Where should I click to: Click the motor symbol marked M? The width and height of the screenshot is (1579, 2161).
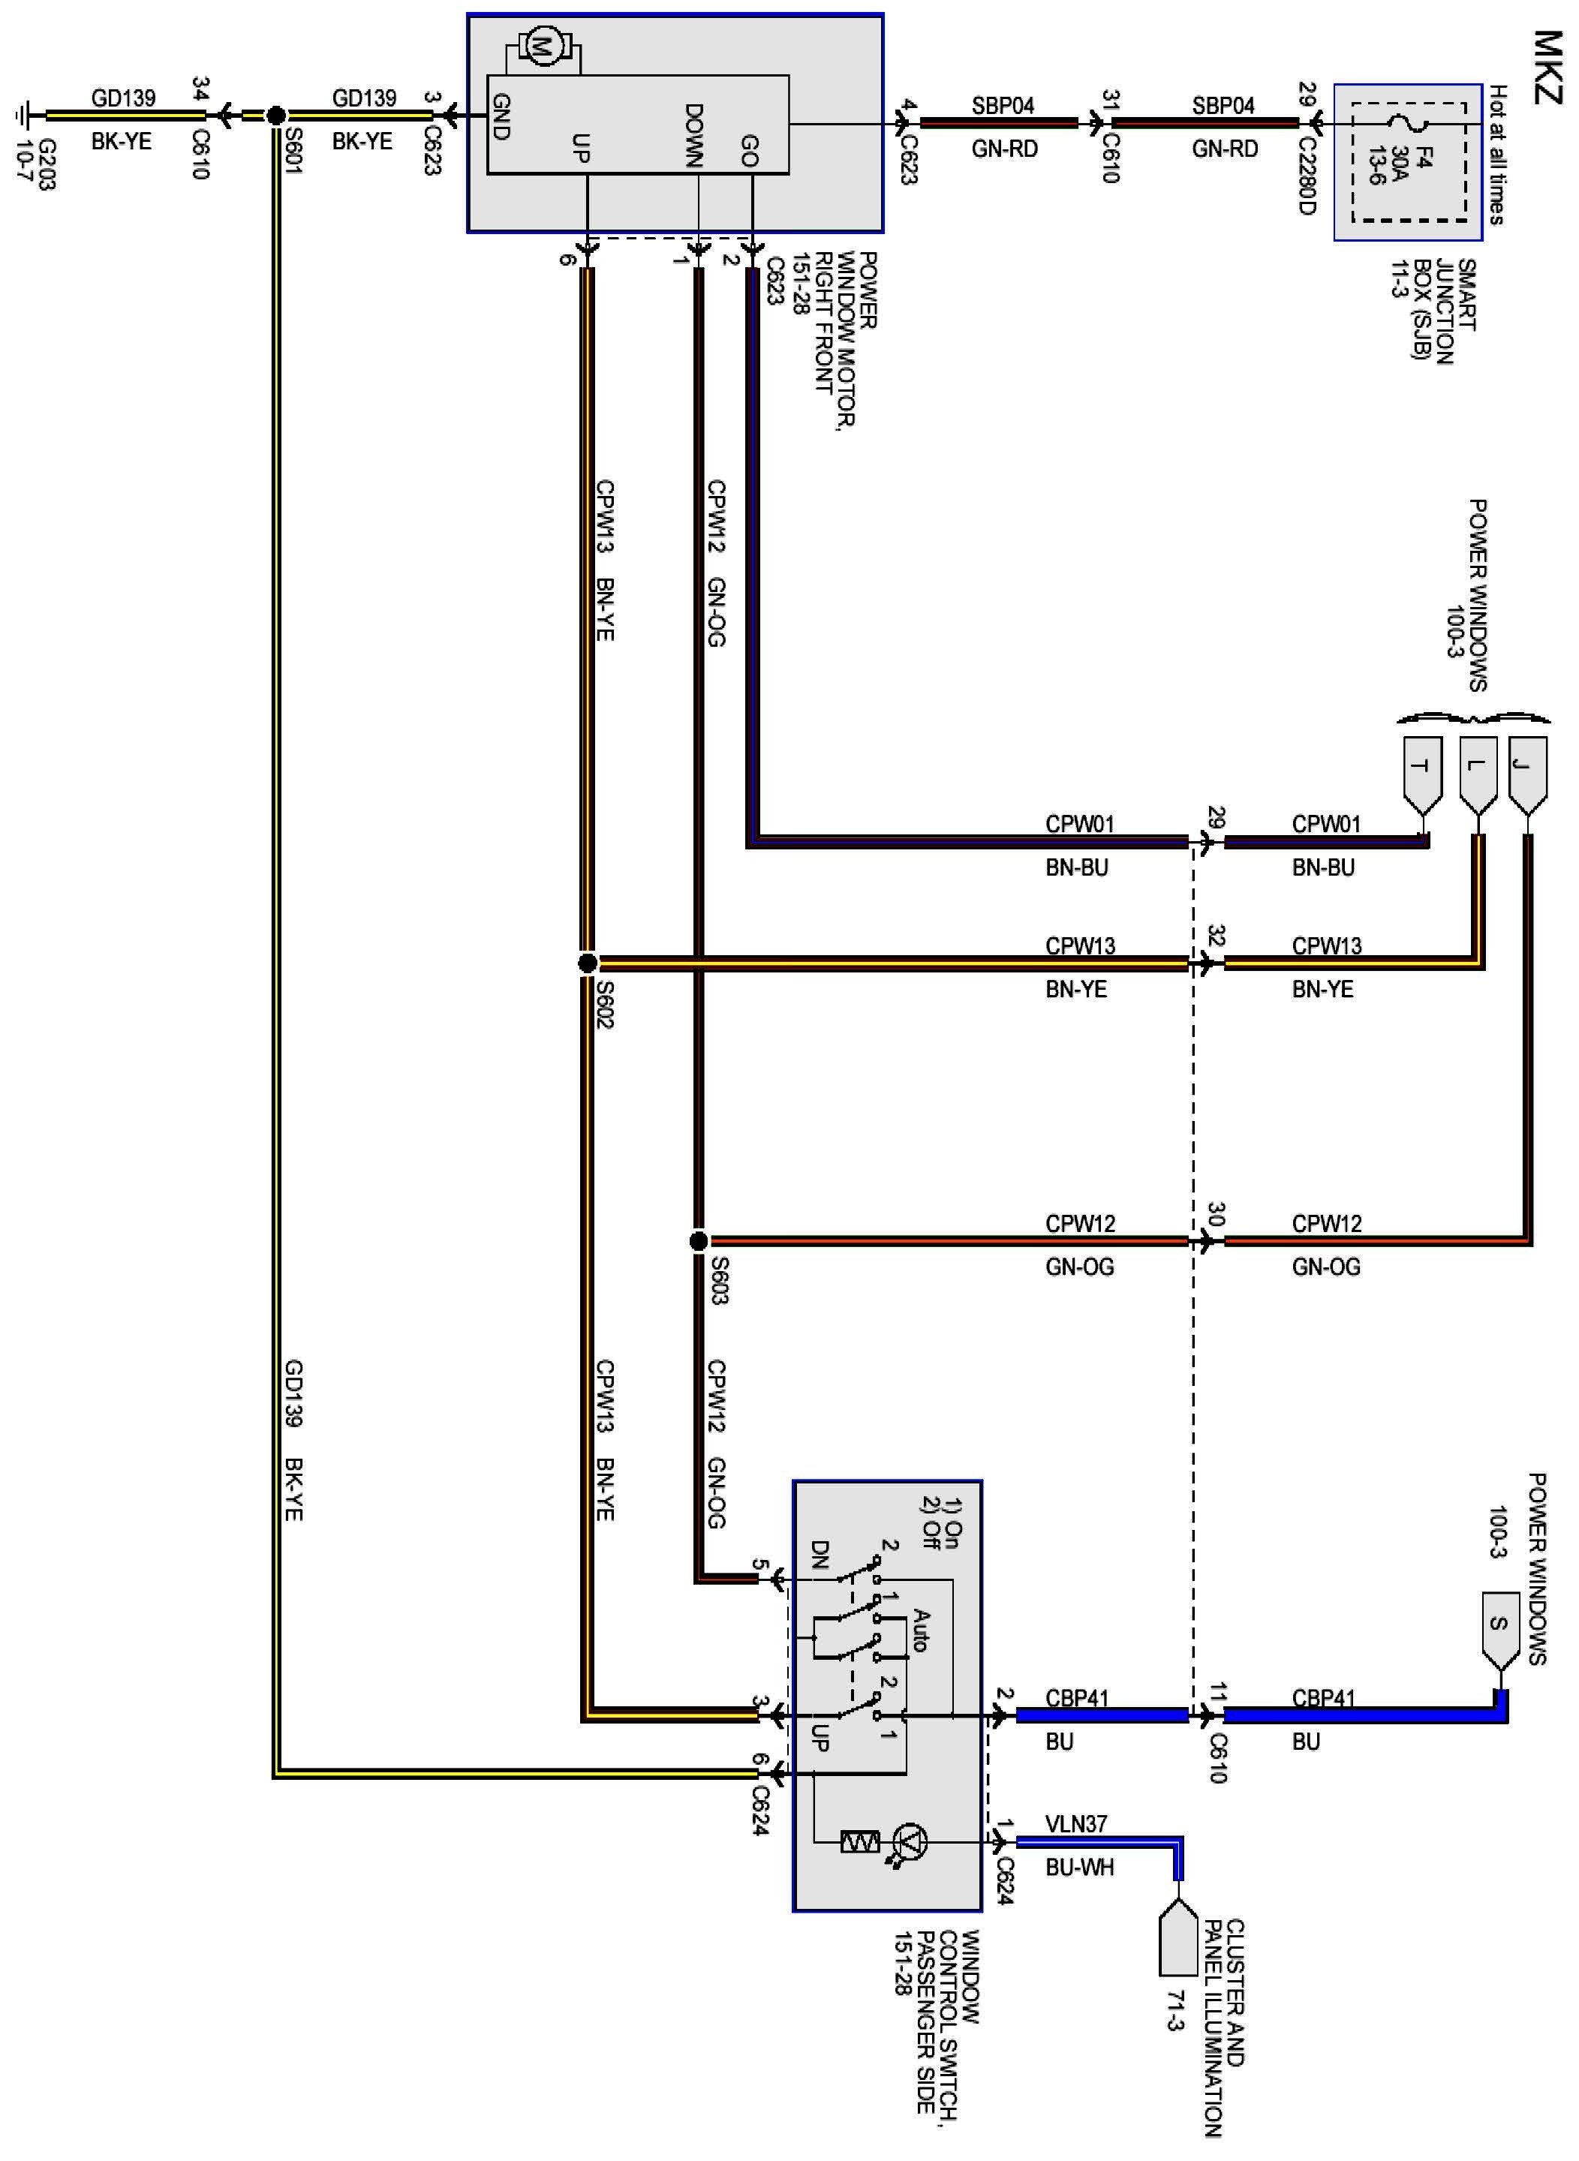tap(543, 47)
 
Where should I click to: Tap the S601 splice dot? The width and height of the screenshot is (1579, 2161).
tap(275, 116)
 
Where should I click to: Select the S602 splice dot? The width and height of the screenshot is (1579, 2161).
tap(588, 963)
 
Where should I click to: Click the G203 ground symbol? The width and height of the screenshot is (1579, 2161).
tap(23, 116)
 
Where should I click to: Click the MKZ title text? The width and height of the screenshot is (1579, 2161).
tap(1548, 67)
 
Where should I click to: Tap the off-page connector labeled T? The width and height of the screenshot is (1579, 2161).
tap(1421, 769)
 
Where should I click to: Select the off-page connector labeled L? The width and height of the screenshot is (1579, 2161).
tap(1478, 769)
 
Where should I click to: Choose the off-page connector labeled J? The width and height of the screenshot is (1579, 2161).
tap(1527, 769)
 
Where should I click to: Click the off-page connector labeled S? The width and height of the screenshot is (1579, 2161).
tap(1499, 1624)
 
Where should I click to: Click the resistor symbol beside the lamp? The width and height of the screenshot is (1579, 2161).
tap(859, 1841)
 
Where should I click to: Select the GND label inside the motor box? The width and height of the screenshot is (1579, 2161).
tap(501, 116)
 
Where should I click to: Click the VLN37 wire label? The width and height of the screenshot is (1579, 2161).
tap(1076, 1823)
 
